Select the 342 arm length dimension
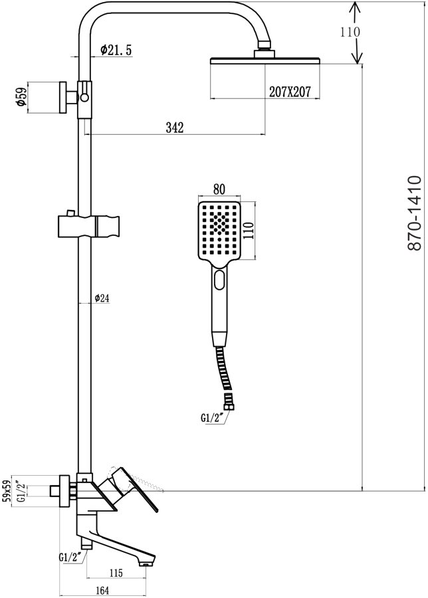(174, 127)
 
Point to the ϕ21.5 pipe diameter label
(116, 50)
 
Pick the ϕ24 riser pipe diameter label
(101, 298)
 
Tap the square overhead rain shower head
(266, 62)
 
